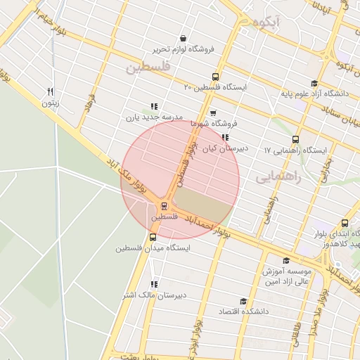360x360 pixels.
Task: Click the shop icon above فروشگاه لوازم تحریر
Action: tap(184, 38)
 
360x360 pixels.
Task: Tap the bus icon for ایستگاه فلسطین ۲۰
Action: tap(214, 77)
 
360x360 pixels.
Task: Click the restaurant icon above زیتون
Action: tap(50, 91)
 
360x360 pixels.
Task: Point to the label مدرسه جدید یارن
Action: tap(154, 117)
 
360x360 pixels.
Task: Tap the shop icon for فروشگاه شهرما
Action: tap(213, 112)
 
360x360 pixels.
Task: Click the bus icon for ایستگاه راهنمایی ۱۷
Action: tap(295, 139)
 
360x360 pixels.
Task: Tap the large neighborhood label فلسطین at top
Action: tap(148, 68)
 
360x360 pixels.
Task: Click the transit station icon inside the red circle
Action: tap(164, 206)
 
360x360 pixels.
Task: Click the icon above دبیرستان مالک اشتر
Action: tap(154, 283)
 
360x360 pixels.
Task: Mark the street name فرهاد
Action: tap(88, 109)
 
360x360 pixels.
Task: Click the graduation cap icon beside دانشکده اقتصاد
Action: tap(243, 301)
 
